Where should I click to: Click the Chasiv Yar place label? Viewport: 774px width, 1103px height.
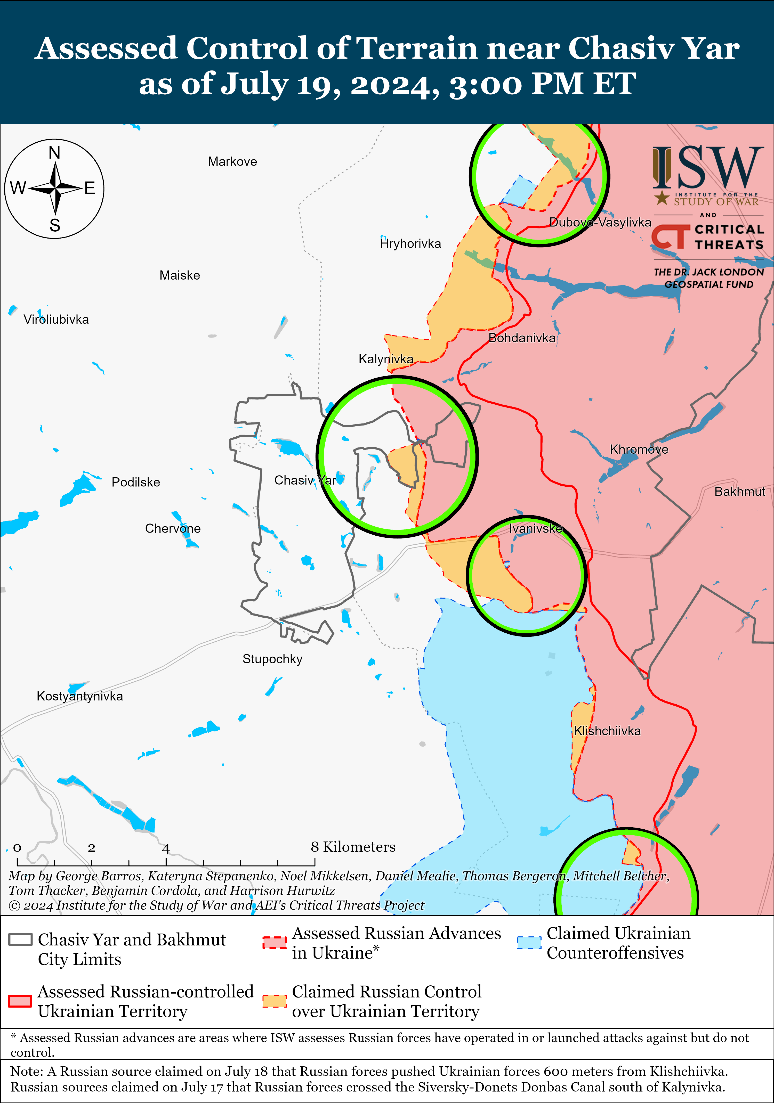coord(305,480)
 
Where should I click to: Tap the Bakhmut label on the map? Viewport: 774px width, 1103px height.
coord(739,492)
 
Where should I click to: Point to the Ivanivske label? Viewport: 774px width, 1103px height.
coord(536,528)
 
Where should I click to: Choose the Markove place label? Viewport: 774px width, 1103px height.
coord(232,161)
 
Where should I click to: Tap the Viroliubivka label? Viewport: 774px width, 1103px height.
coord(56,320)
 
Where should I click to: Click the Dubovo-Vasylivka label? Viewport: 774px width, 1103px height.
coord(600,222)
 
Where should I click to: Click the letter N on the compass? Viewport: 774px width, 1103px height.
coord(54,153)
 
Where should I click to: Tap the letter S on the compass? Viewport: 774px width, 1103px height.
coord(55,225)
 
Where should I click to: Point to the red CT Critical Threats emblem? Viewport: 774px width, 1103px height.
coord(668,236)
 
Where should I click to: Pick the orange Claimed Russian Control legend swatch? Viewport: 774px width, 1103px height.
coord(275,1001)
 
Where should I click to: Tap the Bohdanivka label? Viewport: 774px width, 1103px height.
coord(522,338)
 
